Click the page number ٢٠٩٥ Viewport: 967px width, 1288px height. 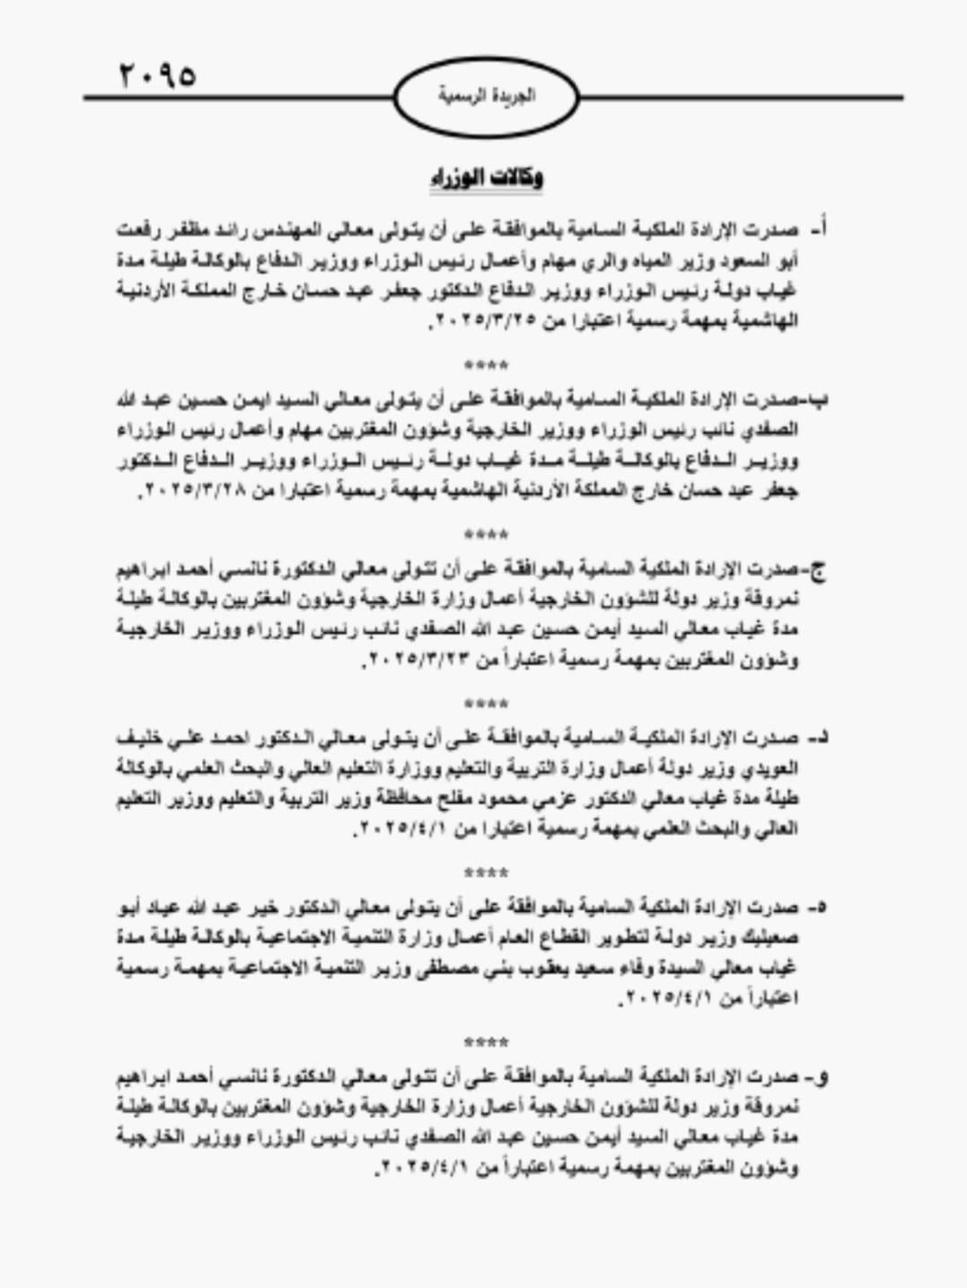156,74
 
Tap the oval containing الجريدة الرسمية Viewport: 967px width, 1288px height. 486,96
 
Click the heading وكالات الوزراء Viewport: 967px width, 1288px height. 486,178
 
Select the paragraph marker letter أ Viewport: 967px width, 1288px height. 818,230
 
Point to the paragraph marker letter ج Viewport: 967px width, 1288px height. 819,569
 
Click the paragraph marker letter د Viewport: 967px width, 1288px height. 818,739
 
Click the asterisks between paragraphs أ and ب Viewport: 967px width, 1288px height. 486,365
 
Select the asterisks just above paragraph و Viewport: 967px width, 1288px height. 486,1042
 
